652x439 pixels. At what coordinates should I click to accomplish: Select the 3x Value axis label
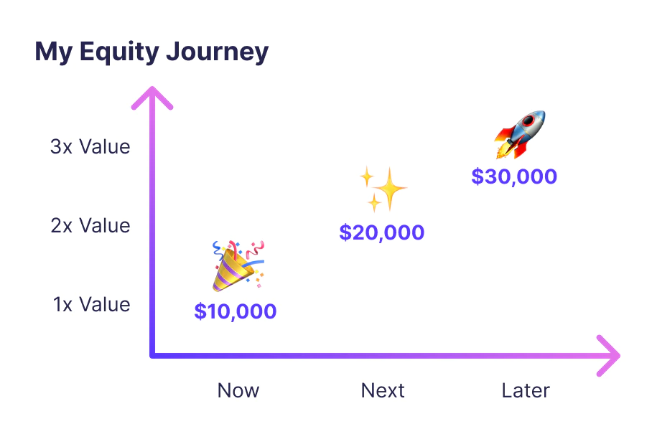90,147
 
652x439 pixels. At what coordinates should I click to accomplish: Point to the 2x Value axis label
90,226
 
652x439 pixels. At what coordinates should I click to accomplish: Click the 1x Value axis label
92,305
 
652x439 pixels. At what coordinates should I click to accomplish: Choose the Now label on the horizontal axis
238,390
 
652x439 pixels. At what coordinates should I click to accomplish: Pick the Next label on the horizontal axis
383,390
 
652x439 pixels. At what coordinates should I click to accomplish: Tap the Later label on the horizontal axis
526,390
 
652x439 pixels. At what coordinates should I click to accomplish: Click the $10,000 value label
236,311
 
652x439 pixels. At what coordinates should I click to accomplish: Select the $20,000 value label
382,232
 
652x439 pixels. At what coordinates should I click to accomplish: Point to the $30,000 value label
514,176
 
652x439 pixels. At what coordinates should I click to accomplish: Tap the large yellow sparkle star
391,189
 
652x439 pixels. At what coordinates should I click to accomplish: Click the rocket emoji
521,134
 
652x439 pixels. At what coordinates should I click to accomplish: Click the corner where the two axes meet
152,354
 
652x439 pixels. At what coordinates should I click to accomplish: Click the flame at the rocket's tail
503,150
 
